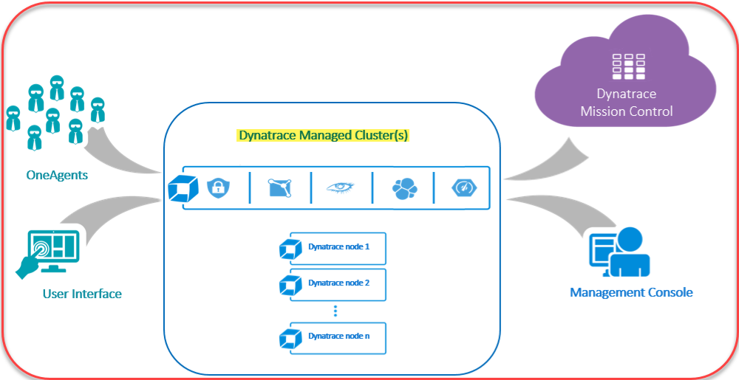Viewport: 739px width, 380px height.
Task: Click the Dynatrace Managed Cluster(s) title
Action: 322,136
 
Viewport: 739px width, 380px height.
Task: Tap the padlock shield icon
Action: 216,187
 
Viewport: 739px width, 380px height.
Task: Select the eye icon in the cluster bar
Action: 341,187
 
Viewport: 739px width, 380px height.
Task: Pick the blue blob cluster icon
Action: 403,188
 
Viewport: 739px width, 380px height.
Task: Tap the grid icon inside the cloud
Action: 626,67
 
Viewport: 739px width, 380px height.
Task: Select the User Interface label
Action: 82,294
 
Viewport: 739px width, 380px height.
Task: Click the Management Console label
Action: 631,292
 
